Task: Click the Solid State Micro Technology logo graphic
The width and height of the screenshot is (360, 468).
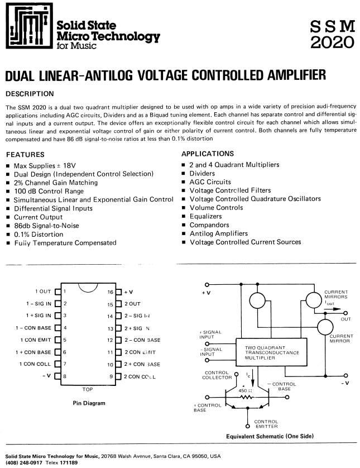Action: (28, 27)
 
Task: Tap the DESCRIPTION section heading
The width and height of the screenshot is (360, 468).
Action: (29, 93)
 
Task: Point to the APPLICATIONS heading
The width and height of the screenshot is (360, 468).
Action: (208, 154)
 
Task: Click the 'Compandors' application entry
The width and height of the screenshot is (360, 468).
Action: (209, 225)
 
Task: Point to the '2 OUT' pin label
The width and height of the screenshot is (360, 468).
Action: (132, 304)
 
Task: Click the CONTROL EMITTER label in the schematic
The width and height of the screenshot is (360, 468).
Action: (266, 424)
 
